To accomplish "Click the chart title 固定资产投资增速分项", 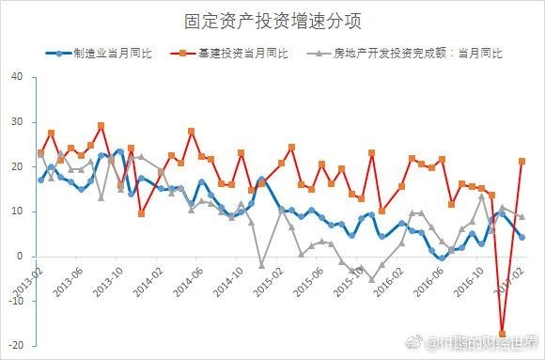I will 272,20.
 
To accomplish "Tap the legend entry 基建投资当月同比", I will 246,54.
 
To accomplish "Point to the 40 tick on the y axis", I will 18,77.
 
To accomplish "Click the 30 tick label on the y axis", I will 18,122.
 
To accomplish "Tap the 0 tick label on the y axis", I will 21,257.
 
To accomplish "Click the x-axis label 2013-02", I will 28,276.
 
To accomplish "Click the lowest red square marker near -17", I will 502,334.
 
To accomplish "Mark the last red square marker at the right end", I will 522,162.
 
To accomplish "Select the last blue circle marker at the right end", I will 522,237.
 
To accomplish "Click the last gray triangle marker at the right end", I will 522,216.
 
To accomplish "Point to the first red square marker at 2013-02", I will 40,153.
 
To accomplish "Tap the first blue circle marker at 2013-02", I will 40,180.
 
